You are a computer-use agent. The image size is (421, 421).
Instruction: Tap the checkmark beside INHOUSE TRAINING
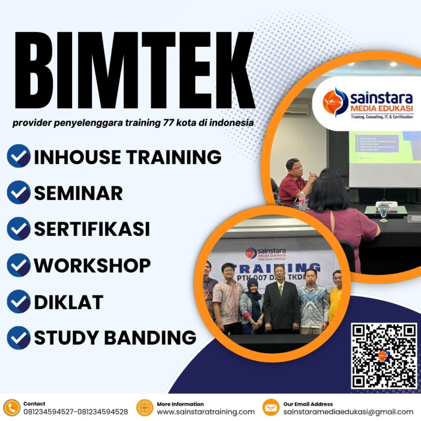pos(18,156)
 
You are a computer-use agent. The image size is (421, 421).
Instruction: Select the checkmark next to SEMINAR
pos(18,193)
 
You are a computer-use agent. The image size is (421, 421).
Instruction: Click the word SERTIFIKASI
pos(92,229)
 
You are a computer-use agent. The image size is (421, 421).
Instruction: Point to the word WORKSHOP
pos(92,265)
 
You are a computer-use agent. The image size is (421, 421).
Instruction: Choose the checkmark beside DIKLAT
pos(18,302)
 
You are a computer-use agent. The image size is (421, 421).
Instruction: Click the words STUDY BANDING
pos(115,337)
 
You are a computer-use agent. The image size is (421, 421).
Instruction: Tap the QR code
pos(384,356)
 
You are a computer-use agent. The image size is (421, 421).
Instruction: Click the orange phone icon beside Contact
pos(12,408)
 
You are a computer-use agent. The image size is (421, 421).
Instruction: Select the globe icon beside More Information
pos(144,408)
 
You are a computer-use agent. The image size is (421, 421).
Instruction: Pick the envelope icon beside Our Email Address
pos(270,408)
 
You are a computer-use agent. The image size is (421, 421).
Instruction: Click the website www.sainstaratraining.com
pos(206,412)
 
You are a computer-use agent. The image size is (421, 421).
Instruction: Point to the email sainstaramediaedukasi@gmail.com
pos(348,412)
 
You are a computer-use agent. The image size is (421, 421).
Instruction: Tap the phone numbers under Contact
pos(75,412)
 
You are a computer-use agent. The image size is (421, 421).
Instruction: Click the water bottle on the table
pos(302,201)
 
